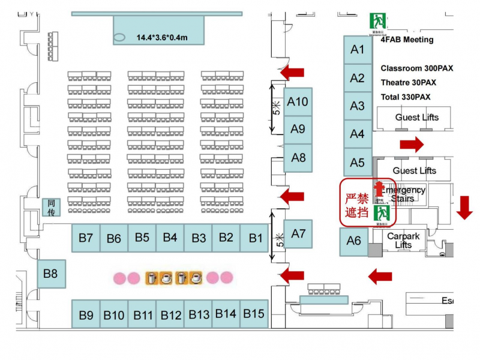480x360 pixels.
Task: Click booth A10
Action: (298, 101)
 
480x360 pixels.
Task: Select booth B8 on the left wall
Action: (51, 274)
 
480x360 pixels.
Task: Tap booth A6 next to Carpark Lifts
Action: (354, 241)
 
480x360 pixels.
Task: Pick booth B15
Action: (254, 313)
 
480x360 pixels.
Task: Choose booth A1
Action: (358, 50)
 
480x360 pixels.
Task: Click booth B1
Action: (255, 238)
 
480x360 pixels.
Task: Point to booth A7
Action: (298, 233)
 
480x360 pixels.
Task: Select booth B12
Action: (170, 314)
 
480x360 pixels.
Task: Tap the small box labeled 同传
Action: (51, 208)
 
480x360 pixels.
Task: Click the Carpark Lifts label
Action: (403, 241)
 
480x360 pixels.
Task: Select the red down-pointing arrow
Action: (465, 208)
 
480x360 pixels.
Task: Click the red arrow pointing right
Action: (412, 144)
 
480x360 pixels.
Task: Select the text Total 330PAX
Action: (405, 97)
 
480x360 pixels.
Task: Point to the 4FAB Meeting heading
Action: (406, 40)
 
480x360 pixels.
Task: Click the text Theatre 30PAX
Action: (408, 83)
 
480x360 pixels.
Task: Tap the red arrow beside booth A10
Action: (292, 73)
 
